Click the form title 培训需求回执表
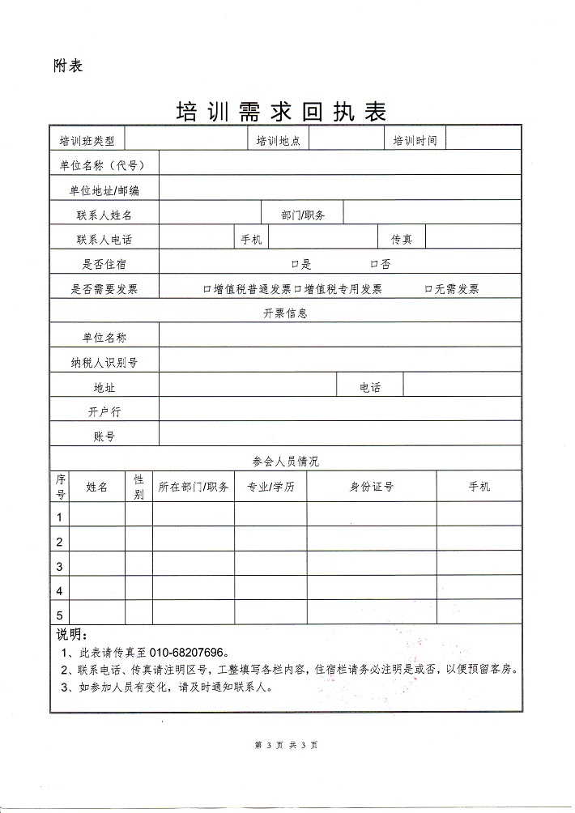coord(281,112)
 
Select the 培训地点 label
coord(278,141)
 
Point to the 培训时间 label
coord(415,141)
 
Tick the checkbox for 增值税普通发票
coord(207,289)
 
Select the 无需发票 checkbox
coord(428,289)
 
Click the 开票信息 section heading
coord(285,313)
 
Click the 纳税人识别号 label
coord(104,363)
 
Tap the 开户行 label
coord(104,411)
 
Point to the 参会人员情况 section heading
coord(285,461)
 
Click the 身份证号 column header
coord(371,487)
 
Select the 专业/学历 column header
coord(270,487)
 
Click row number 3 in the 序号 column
coord(60,566)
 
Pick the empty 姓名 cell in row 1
coord(98,516)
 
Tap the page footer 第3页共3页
coord(286,745)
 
